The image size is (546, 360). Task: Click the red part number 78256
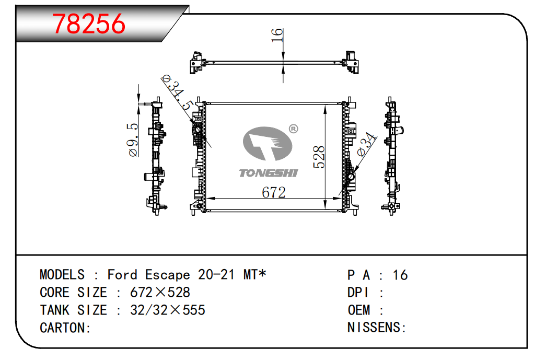(88, 24)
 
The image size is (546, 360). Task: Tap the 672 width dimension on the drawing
(274, 192)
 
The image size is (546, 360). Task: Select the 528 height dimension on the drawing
(319, 157)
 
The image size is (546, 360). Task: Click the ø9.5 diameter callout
(133, 140)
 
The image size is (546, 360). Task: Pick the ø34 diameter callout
(367, 144)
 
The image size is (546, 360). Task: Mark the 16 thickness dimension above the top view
(277, 35)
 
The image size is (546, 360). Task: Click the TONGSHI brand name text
(269, 173)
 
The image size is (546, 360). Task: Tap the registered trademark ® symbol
(294, 129)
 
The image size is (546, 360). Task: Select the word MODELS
(62, 275)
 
